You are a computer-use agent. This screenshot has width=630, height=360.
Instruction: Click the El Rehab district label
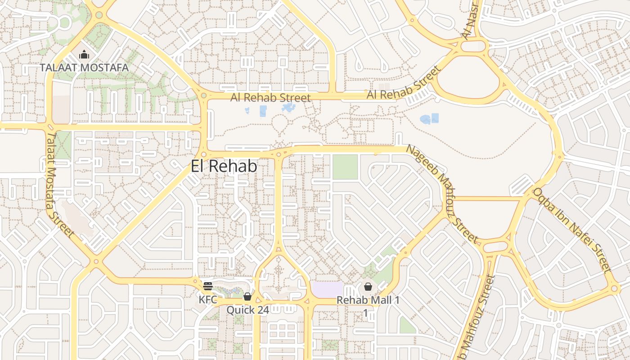pos(224,166)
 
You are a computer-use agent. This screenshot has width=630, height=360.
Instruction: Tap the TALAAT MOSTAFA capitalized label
pos(84,67)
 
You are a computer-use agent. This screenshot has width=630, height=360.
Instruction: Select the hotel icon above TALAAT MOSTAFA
pos(84,55)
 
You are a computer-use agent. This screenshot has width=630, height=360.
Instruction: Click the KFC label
pos(208,299)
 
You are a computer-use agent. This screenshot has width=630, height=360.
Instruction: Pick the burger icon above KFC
pos(207,286)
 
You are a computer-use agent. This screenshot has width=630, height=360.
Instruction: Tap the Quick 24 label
pos(247,310)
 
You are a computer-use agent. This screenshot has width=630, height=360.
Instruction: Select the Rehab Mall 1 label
pos(368,300)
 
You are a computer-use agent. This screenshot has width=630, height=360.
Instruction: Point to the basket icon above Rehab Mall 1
pos(368,287)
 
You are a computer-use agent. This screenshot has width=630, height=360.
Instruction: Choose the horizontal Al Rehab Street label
pos(270,98)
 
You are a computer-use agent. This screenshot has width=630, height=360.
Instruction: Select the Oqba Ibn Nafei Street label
pos(572,230)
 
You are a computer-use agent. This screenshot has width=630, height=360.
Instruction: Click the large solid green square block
pos(345,167)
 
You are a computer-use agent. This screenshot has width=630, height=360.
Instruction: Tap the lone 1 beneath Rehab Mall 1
pos(366,312)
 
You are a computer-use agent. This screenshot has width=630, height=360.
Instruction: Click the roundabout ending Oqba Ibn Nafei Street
pos(614,288)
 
